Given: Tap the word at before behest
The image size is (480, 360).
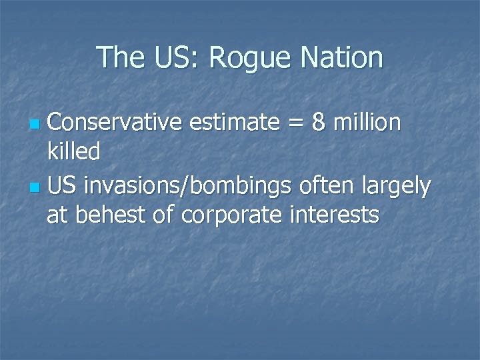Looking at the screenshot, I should pos(57,215).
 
